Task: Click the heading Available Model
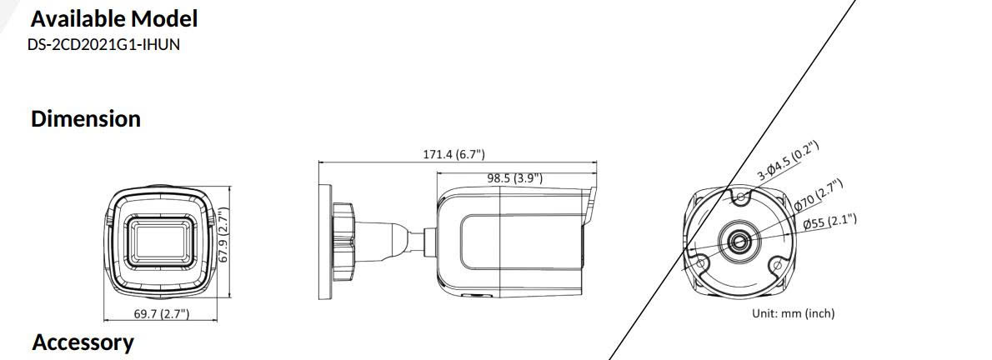click(x=114, y=18)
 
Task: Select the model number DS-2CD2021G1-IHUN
click(x=103, y=44)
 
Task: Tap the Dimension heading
click(x=85, y=118)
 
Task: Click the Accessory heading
click(x=83, y=342)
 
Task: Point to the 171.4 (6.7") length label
click(x=453, y=154)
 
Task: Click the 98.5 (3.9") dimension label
click(x=514, y=177)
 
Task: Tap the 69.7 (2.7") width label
click(x=161, y=313)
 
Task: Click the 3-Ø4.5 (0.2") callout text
click(x=788, y=162)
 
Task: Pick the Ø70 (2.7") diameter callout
click(x=818, y=195)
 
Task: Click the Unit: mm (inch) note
click(x=793, y=313)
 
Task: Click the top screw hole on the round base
click(x=739, y=197)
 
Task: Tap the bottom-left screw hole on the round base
click(x=700, y=265)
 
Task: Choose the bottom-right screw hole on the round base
click(x=777, y=265)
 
